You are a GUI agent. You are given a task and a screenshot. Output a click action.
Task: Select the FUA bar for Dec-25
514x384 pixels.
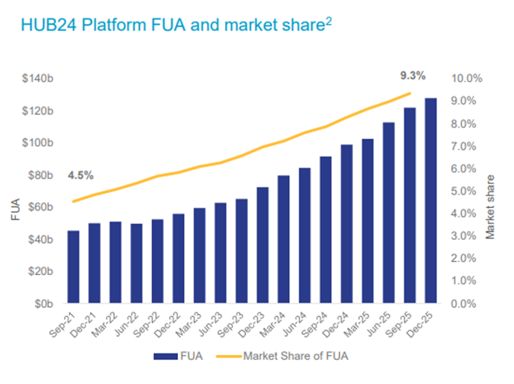point(431,201)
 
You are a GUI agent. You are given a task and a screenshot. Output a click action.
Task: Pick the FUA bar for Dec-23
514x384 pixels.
point(263,245)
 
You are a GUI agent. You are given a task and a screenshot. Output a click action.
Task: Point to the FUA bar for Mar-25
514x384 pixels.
point(367,221)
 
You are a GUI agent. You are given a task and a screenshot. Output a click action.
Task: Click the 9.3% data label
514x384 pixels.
point(412,75)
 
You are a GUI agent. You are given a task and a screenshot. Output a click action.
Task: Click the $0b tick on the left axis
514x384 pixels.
point(43,304)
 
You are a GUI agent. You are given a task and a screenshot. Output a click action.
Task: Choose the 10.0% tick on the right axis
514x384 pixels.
point(468,78)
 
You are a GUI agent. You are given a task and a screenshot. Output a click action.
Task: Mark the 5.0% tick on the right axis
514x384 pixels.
point(469,191)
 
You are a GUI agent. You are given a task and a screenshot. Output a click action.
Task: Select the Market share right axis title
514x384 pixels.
point(490,207)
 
